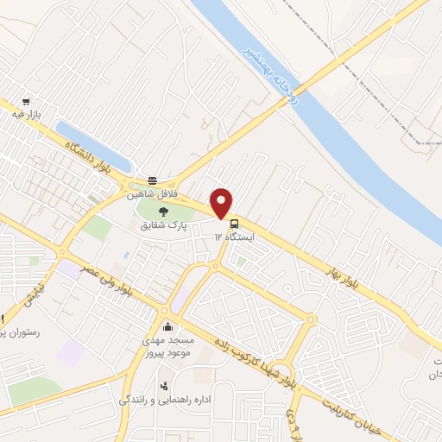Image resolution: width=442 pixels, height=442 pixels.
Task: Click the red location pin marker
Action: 222,203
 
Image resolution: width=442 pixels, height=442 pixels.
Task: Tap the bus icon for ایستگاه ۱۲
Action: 237,222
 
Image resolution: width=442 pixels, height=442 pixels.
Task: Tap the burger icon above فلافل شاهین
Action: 153,180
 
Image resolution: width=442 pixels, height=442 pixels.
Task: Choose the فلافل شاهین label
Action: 153,194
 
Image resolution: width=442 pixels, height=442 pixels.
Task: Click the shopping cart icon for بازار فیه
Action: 26,101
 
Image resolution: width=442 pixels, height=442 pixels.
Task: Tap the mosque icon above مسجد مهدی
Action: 167,327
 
